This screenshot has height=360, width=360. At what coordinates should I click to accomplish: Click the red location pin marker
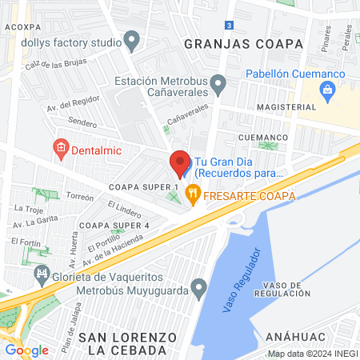(179, 163)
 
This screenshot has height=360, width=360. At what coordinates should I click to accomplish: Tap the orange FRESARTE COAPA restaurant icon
(192, 193)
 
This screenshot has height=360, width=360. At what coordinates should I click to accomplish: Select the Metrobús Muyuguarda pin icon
(199, 288)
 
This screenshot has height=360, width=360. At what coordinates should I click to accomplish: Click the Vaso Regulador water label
(241, 280)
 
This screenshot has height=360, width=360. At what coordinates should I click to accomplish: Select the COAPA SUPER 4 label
(114, 225)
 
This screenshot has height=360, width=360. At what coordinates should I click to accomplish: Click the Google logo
(26, 350)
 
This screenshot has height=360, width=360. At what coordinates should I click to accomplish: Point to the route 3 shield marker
(229, 26)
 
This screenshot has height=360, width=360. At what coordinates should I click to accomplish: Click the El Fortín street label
(26, 242)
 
